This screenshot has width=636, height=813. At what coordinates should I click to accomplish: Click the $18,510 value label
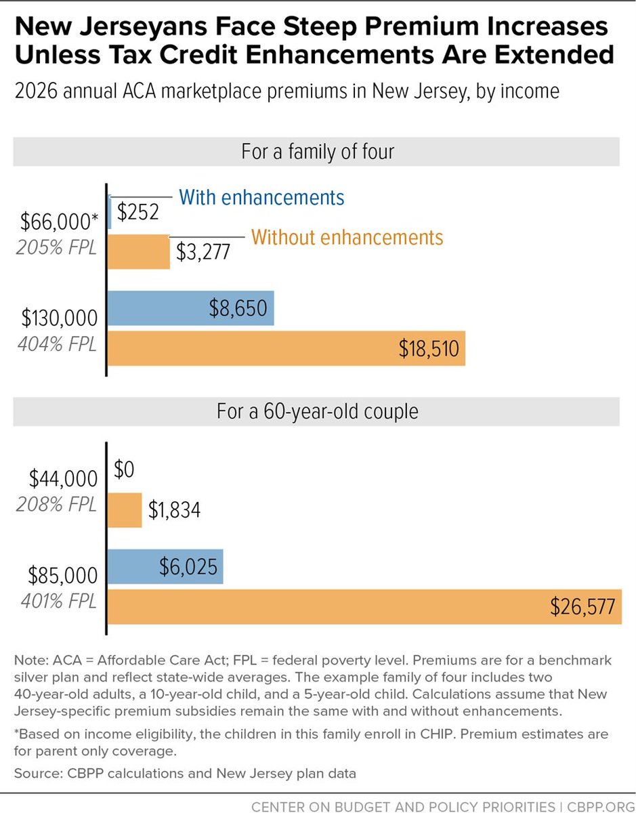(x=429, y=349)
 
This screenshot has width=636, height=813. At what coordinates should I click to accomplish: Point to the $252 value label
(x=138, y=212)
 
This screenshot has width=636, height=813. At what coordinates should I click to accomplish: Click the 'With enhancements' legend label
(x=261, y=197)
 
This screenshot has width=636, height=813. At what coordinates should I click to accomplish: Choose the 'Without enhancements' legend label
(x=347, y=238)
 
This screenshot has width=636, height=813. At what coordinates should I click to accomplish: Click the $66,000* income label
(x=59, y=221)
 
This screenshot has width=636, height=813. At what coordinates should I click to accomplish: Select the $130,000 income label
(x=59, y=318)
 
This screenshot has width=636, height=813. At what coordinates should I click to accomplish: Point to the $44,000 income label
(x=63, y=479)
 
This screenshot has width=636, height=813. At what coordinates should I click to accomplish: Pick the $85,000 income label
(x=63, y=575)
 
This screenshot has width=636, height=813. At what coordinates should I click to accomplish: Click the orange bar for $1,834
(x=125, y=510)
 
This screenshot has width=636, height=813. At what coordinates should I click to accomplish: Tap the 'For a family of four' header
(x=317, y=152)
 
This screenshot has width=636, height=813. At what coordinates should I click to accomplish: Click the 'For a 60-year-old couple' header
(x=317, y=411)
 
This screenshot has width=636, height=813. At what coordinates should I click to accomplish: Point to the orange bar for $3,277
(x=139, y=251)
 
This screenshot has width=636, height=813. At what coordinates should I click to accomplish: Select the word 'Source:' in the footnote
(x=35, y=772)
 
